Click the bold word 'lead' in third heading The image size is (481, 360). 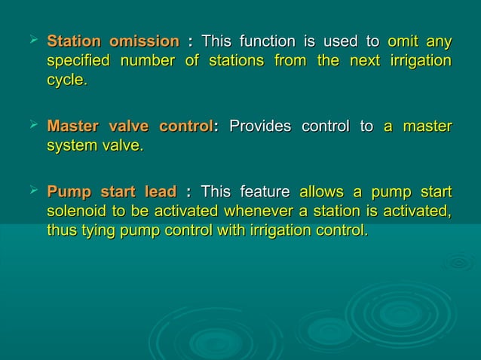point(160,191)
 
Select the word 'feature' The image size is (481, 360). point(265,191)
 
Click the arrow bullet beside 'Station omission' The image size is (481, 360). point(31,38)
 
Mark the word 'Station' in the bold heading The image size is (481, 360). point(74,40)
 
